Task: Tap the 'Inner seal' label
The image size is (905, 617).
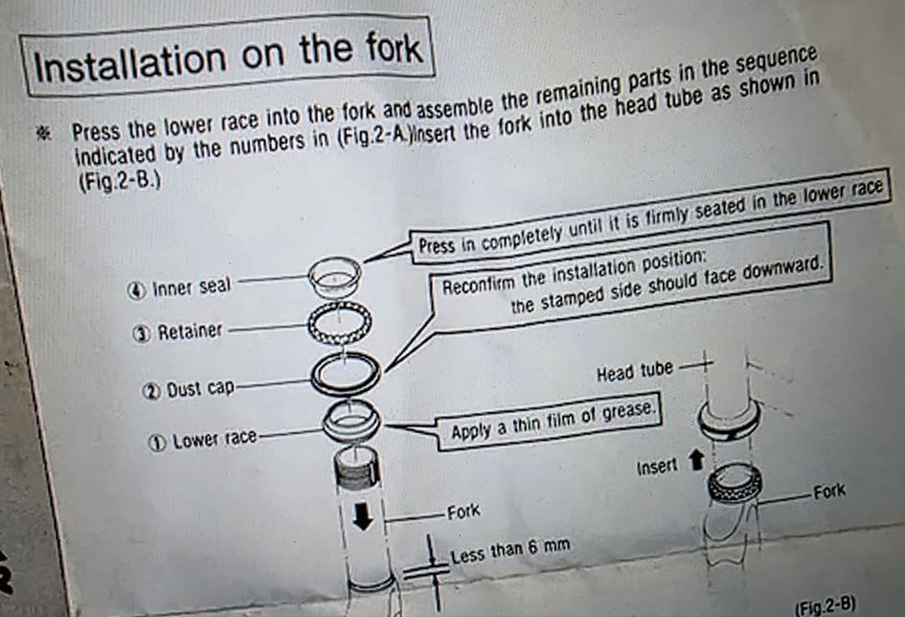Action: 191,286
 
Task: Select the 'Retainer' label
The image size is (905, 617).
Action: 190,331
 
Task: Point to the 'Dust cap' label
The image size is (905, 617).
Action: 200,388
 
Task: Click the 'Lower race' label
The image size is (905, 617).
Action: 215,440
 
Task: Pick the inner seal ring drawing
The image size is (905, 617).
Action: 335,274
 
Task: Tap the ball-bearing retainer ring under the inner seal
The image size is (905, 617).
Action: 339,323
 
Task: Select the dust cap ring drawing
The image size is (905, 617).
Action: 345,374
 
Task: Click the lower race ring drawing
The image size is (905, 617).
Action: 351,420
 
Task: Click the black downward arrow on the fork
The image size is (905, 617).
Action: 363,515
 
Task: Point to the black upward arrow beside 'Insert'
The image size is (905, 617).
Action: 696,460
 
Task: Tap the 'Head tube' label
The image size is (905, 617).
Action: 635,371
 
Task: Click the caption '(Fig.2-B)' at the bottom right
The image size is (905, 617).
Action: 825,606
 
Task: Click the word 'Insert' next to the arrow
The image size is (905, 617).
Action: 657,466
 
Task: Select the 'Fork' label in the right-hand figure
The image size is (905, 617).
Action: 829,491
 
